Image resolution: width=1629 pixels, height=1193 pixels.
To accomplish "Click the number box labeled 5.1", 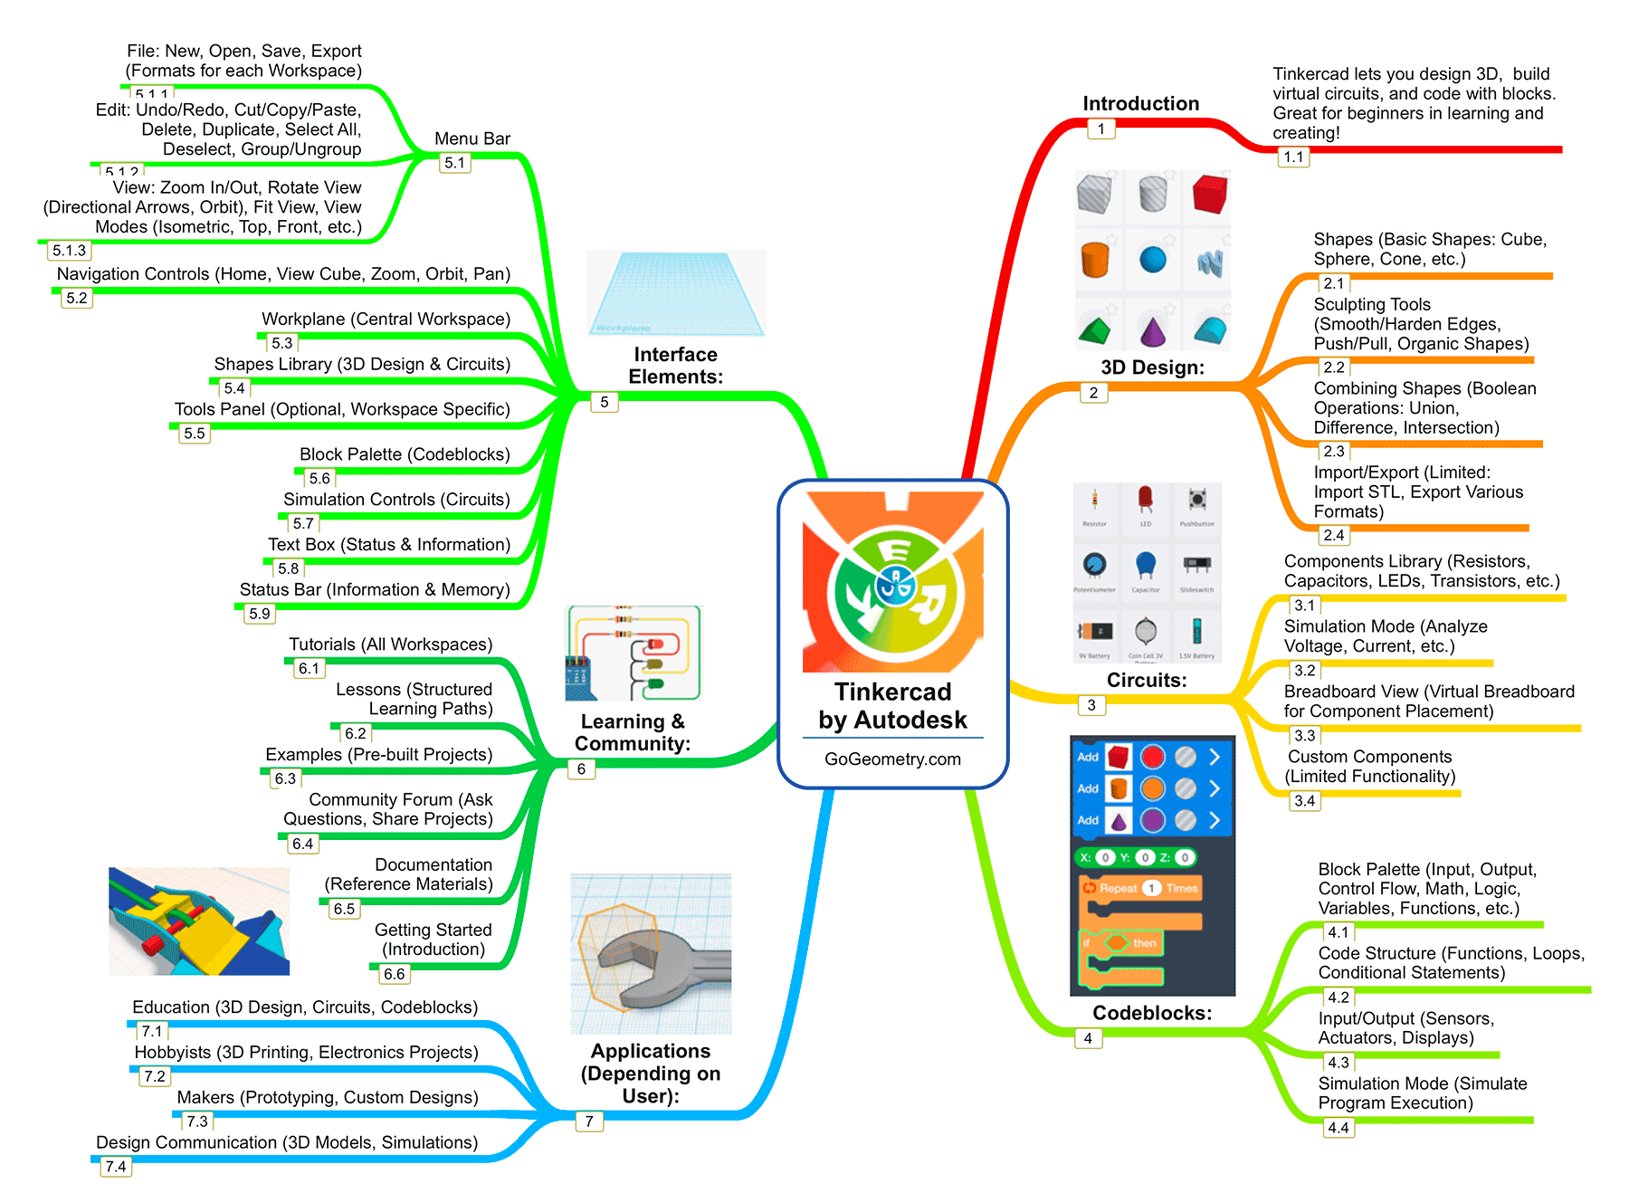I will click(x=454, y=163).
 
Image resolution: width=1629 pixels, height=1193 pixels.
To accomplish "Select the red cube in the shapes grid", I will click(x=1209, y=194).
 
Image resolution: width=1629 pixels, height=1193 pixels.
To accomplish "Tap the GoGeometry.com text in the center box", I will click(x=892, y=759).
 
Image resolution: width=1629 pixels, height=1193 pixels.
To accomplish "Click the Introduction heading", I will click(x=1140, y=103).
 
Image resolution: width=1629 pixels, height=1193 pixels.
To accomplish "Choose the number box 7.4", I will click(x=116, y=1167).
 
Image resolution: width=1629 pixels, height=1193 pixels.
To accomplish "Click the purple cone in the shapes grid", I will click(x=1153, y=329).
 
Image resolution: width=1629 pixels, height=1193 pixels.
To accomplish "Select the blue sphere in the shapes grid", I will click(x=1153, y=260).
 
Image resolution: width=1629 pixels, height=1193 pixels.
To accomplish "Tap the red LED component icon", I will click(x=1145, y=498).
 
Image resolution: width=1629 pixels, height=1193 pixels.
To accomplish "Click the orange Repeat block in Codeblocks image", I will click(x=1140, y=888).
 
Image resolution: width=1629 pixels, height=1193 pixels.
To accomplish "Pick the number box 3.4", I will click(x=1304, y=800).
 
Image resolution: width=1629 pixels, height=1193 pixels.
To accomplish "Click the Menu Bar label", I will click(x=472, y=138).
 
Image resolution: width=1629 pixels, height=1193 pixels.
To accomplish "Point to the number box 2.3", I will click(x=1333, y=451).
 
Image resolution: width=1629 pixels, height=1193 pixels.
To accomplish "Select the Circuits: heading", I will click(x=1147, y=680).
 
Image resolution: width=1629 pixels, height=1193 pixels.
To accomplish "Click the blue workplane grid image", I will click(x=676, y=292).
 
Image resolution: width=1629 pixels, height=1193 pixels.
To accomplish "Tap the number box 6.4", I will click(x=302, y=844).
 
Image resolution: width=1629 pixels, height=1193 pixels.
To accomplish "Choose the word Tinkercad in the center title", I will click(x=892, y=692).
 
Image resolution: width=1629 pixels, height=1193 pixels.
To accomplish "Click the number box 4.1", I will click(x=1338, y=932).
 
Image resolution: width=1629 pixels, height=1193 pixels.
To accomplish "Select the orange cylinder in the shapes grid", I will click(x=1095, y=260).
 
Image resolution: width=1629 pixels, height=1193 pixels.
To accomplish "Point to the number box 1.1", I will click(x=1293, y=157).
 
